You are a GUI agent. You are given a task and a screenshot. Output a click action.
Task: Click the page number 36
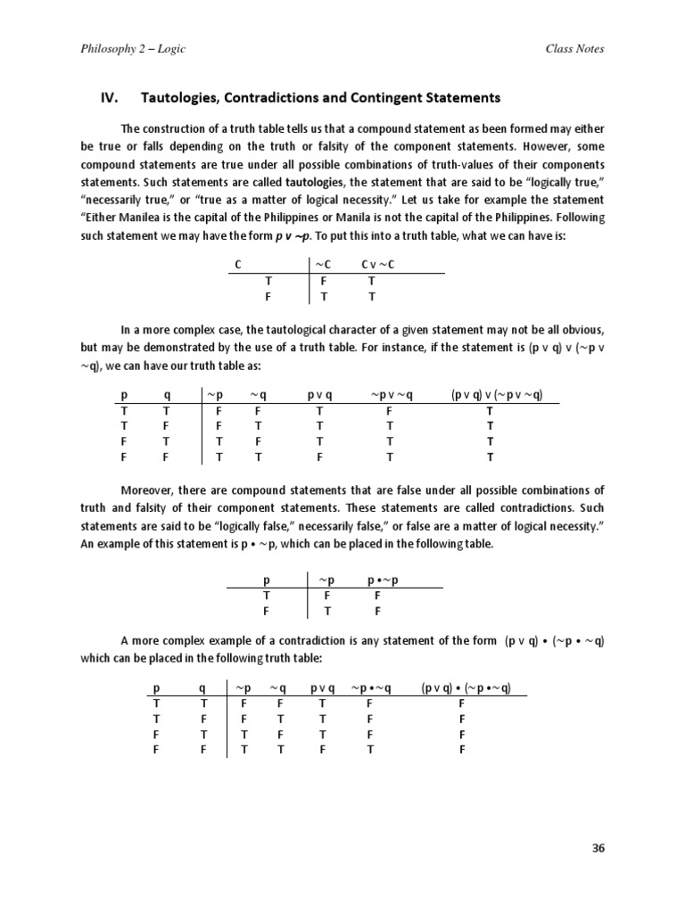click(x=598, y=848)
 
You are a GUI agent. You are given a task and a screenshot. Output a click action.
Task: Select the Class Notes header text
click(x=574, y=48)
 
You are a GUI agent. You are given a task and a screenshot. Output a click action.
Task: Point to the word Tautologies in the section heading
click(x=177, y=96)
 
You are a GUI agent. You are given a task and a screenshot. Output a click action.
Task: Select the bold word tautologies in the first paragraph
click(x=284, y=183)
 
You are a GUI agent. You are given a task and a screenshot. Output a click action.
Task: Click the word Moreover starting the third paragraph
click(x=148, y=490)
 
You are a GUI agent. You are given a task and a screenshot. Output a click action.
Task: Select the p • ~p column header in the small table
click(x=383, y=580)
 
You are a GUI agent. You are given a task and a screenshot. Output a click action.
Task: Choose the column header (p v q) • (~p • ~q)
click(x=472, y=687)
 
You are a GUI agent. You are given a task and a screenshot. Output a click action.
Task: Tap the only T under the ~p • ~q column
click(x=369, y=749)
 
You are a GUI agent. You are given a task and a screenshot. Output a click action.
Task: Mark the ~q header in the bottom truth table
click(x=278, y=687)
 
